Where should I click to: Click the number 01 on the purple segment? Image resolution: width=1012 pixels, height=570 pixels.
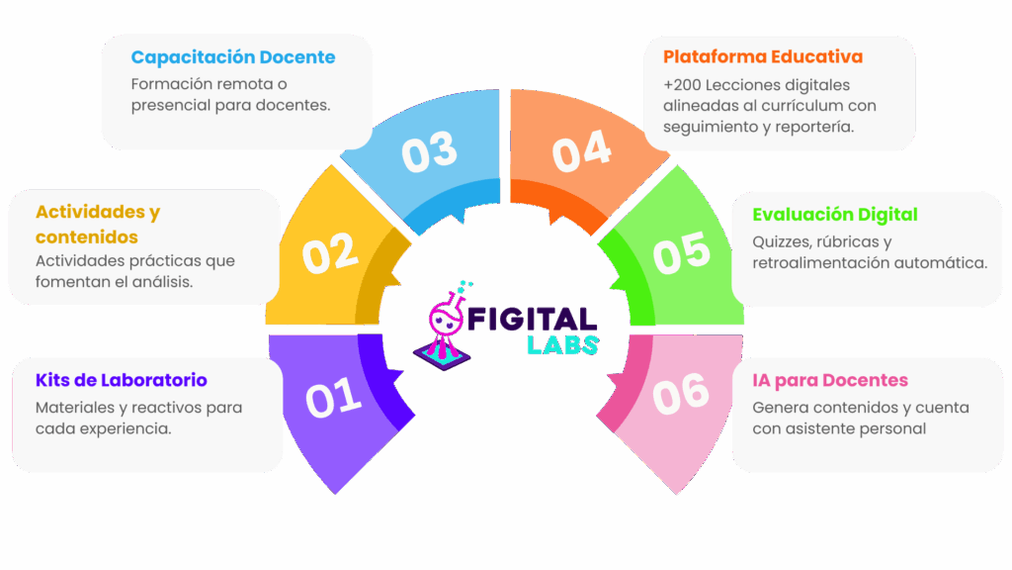pyautogui.click(x=333, y=398)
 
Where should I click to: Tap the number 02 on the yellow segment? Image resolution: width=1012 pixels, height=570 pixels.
pyautogui.click(x=330, y=253)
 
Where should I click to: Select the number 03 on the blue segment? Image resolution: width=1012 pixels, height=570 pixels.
pyautogui.click(x=430, y=151)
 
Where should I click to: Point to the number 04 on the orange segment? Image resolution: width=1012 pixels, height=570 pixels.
pyautogui.click(x=581, y=151)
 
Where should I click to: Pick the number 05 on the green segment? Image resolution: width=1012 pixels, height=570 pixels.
pyautogui.click(x=682, y=253)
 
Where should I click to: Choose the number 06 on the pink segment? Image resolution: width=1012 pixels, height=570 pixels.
pyautogui.click(x=681, y=393)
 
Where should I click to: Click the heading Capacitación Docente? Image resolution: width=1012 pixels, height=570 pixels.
pyautogui.click(x=233, y=57)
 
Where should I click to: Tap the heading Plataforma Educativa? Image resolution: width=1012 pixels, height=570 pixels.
pyautogui.click(x=763, y=56)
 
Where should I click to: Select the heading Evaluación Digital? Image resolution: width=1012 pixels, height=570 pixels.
pyautogui.click(x=835, y=215)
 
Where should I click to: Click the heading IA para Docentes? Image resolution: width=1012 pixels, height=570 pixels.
pyautogui.click(x=830, y=381)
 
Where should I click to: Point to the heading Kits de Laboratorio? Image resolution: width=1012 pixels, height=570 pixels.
pyautogui.click(x=122, y=381)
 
